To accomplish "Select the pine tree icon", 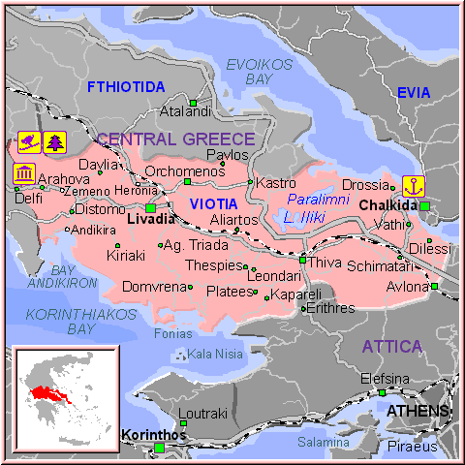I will click(53, 141).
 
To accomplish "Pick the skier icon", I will click(29, 141).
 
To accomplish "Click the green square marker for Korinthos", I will click(159, 448).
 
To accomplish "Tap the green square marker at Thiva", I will click(303, 260).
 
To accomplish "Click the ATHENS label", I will click(418, 412).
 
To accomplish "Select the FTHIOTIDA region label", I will click(126, 87).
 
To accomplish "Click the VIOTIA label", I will click(212, 204).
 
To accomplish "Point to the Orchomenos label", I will click(183, 171).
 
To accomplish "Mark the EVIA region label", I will click(414, 93).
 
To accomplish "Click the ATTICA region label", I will click(392, 346).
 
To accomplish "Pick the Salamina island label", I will click(323, 442).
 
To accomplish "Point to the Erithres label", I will click(332, 308).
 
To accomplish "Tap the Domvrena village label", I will click(153, 287).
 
